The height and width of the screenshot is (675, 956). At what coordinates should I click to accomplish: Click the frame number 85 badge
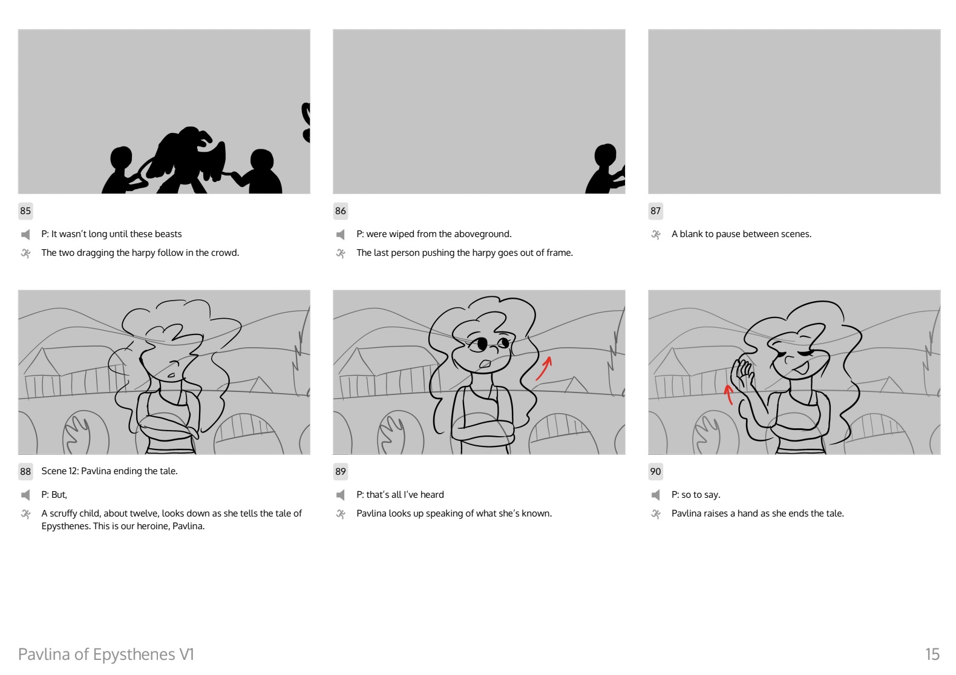tap(25, 210)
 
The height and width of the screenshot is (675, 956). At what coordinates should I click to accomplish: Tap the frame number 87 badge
tap(655, 210)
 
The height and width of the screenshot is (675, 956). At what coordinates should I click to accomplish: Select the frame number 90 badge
tap(655, 472)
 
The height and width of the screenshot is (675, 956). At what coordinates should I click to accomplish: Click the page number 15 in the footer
tap(932, 654)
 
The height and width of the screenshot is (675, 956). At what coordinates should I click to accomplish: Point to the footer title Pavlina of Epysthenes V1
tap(106, 654)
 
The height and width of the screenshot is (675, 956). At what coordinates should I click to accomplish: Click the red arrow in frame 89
tap(545, 368)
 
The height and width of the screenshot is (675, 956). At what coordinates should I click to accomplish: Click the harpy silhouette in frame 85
tap(188, 160)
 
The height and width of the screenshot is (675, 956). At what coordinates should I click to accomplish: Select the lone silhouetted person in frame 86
tap(605, 169)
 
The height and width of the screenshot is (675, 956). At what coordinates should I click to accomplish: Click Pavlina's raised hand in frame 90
tap(742, 372)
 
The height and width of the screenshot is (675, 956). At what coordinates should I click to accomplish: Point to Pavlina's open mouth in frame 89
tap(485, 364)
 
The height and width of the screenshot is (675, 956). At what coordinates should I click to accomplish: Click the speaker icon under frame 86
tap(340, 234)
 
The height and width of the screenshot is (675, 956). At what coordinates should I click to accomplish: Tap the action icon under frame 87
tap(655, 234)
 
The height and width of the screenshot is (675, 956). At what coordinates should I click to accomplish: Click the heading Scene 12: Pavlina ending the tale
tap(110, 471)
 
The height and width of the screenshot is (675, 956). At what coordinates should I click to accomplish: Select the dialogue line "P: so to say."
tap(696, 495)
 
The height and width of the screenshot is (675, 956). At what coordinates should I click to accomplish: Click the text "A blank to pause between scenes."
tap(741, 234)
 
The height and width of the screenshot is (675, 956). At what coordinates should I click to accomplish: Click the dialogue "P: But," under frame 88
tap(54, 495)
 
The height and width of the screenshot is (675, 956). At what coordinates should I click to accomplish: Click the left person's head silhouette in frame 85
tap(121, 158)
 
